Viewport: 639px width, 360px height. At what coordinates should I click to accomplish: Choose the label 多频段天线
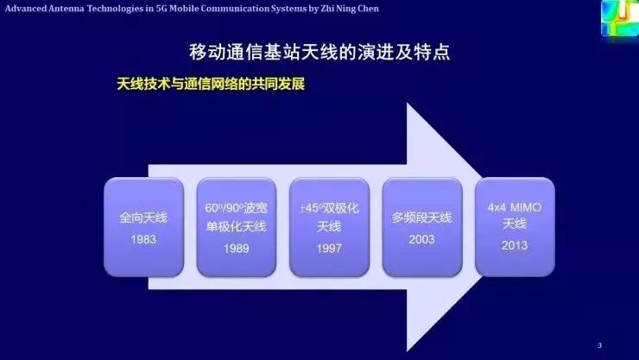[x=421, y=218]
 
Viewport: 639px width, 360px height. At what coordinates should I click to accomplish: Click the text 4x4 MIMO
[x=515, y=208]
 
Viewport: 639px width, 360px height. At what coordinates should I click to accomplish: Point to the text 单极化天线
[x=236, y=227]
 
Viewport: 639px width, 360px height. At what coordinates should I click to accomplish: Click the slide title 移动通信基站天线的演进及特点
[x=319, y=51]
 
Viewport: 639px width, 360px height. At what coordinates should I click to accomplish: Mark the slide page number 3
[x=599, y=345]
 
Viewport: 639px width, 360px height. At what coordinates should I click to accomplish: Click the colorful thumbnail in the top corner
[x=619, y=18]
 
